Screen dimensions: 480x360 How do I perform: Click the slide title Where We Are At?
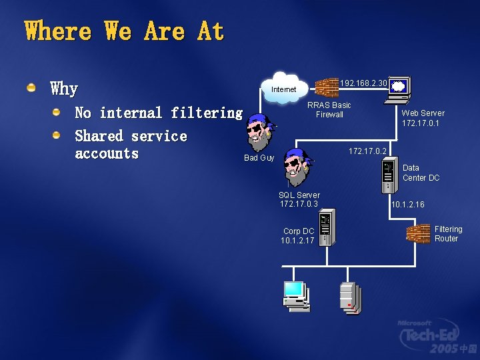coord(124,31)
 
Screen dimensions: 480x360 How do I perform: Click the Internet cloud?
coord(285,88)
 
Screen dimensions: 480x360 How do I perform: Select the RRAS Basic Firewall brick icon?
coord(327,87)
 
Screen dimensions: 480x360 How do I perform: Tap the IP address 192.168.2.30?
coord(363,83)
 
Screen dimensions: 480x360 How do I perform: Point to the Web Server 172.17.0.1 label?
coord(423,118)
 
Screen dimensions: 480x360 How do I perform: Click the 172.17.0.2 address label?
coord(368,151)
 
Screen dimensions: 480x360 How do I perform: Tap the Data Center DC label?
coord(421,173)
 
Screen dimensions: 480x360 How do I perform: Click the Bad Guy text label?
coord(259,158)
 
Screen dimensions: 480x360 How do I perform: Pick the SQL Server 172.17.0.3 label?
coord(299,199)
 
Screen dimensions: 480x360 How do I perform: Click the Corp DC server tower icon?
coord(326,228)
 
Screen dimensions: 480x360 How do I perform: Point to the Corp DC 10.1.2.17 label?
coord(298,236)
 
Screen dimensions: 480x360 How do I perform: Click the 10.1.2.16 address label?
coord(408,205)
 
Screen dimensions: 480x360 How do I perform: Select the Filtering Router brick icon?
coord(418,234)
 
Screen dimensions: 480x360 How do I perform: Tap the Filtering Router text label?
coord(448,234)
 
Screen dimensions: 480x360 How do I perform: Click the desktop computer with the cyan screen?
coord(295,295)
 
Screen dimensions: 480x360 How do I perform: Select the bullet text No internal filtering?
coord(159,113)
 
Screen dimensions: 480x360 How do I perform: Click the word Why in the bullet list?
coord(64,88)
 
